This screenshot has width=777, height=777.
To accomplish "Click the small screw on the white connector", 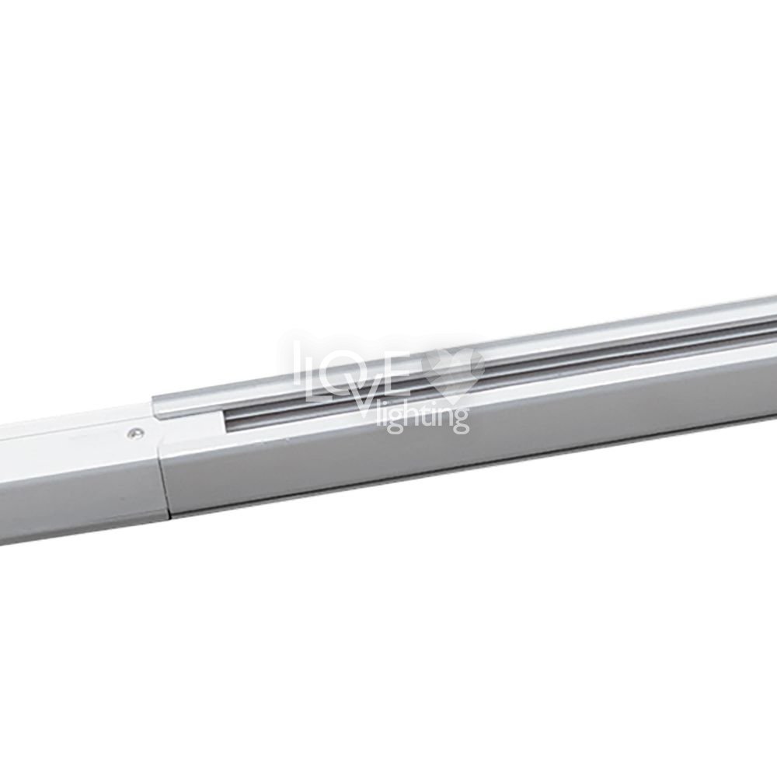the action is (132, 434).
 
